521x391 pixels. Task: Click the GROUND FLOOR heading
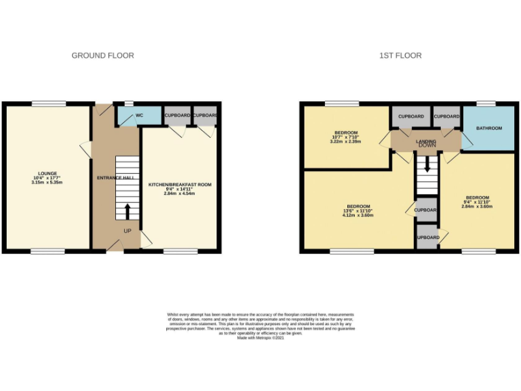click(x=102, y=56)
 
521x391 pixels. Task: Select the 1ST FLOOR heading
click(x=400, y=56)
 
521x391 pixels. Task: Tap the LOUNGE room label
click(x=47, y=173)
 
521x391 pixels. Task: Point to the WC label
click(x=139, y=115)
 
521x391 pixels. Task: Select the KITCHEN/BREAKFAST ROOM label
click(x=180, y=185)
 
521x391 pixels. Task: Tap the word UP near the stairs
click(x=127, y=231)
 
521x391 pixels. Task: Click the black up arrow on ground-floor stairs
click(x=127, y=211)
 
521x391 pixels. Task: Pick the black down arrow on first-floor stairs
click(x=427, y=165)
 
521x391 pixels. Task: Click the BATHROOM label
click(x=488, y=128)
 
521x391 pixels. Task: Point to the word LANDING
click(x=426, y=140)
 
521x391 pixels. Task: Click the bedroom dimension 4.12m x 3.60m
click(x=358, y=216)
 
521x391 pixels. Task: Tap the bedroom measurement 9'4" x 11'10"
click(x=477, y=202)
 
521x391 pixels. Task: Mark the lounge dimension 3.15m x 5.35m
click(x=47, y=183)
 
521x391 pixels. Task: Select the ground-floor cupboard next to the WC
click(x=177, y=115)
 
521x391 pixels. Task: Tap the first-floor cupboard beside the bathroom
click(x=447, y=117)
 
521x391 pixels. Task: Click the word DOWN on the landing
click(x=427, y=145)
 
